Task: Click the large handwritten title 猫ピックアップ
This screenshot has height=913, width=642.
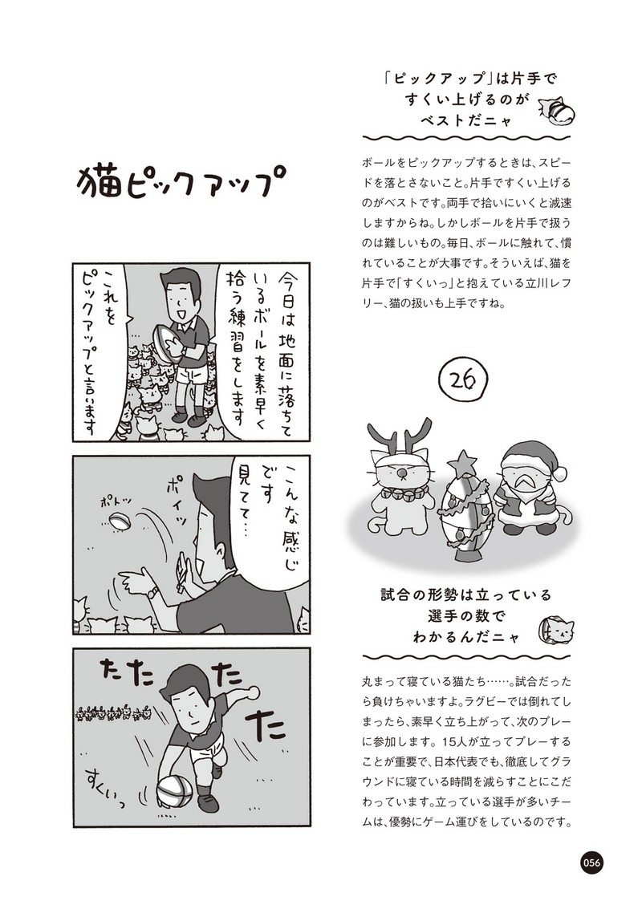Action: [176, 181]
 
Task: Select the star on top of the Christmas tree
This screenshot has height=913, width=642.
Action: [465, 464]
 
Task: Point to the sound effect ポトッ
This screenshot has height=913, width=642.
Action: [116, 501]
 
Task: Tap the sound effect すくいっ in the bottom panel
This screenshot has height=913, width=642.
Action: [105, 787]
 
